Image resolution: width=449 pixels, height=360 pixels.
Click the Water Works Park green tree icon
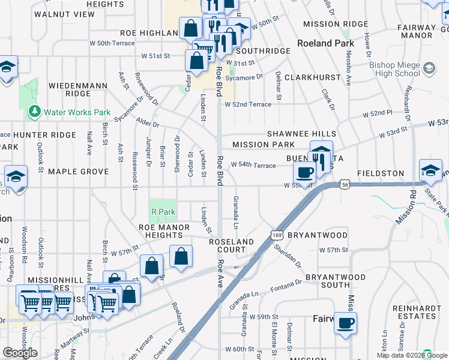tap(34, 112)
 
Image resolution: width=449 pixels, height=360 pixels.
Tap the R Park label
tap(163, 212)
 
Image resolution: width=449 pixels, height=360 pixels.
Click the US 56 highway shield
tap(344, 185)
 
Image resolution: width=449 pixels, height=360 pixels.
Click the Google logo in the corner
tap(20, 353)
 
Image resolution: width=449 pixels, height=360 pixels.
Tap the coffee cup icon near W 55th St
tap(305, 172)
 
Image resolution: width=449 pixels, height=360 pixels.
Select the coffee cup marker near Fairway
tap(345, 322)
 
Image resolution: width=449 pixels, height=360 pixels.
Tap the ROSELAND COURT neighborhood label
tap(232, 245)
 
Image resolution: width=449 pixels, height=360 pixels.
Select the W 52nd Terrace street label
tap(248, 104)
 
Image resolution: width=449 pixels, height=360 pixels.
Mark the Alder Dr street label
tap(148, 124)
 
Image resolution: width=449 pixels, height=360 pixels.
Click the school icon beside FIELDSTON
tap(430, 170)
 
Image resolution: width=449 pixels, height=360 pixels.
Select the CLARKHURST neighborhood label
tap(309, 78)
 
